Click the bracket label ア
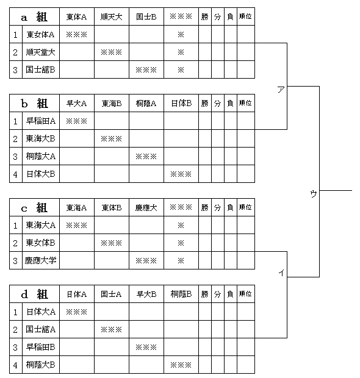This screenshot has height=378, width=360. (x=281, y=90)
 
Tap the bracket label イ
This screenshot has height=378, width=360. (x=281, y=273)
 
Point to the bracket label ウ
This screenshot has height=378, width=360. (x=314, y=194)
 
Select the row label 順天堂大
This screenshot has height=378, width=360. (x=40, y=52)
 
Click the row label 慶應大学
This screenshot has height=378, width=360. (x=40, y=260)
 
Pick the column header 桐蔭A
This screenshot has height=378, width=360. (x=146, y=104)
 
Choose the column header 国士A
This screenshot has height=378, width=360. (x=111, y=294)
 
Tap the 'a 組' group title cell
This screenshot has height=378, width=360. (x=34, y=17)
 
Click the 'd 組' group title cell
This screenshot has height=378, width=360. (x=34, y=294)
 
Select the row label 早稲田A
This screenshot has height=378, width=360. (x=40, y=121)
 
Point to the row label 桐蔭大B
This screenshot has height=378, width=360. (x=40, y=365)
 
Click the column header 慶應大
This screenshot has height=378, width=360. (x=146, y=207)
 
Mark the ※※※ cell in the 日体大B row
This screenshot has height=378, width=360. (x=181, y=174)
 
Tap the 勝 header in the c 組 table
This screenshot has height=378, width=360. (x=204, y=207)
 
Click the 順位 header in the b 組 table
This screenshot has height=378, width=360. (x=245, y=103)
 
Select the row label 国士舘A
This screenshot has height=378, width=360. (x=40, y=329)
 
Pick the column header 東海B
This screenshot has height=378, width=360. (x=112, y=104)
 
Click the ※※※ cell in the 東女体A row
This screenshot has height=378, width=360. (x=76, y=35)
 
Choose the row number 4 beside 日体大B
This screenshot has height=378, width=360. (x=15, y=174)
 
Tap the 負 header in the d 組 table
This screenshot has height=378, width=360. (x=230, y=294)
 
